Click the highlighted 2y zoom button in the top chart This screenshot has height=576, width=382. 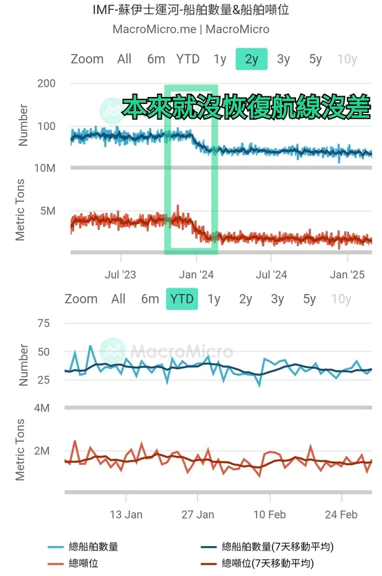pyautogui.click(x=251, y=59)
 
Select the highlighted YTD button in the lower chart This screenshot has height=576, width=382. pyautogui.click(x=182, y=299)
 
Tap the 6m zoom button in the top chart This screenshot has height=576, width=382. pyautogui.click(x=156, y=59)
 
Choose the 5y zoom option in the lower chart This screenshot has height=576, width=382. pyautogui.click(x=309, y=299)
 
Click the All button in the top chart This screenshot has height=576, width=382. pyautogui.click(x=124, y=59)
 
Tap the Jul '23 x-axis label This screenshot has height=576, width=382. pyautogui.click(x=120, y=275)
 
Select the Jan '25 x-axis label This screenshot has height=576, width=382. pyautogui.click(x=348, y=275)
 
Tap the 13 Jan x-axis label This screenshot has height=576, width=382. pyautogui.click(x=126, y=515)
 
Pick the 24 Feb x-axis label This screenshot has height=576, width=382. pyautogui.click(x=341, y=515)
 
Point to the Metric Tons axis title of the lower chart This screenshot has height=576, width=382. pyautogui.click(x=20, y=450)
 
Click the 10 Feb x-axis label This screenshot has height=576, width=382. pyautogui.click(x=269, y=515)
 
